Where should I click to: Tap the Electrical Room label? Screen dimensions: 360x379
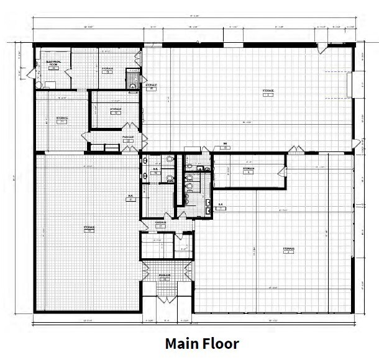[52, 64]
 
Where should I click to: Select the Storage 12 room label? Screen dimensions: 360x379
[116, 110]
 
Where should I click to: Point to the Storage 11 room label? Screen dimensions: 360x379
[62, 119]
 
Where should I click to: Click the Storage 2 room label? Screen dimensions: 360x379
[268, 93]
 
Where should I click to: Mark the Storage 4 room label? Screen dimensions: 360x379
[288, 250]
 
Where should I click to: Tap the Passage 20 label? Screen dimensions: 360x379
[128, 140]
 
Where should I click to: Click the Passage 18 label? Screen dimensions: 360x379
[165, 277]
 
